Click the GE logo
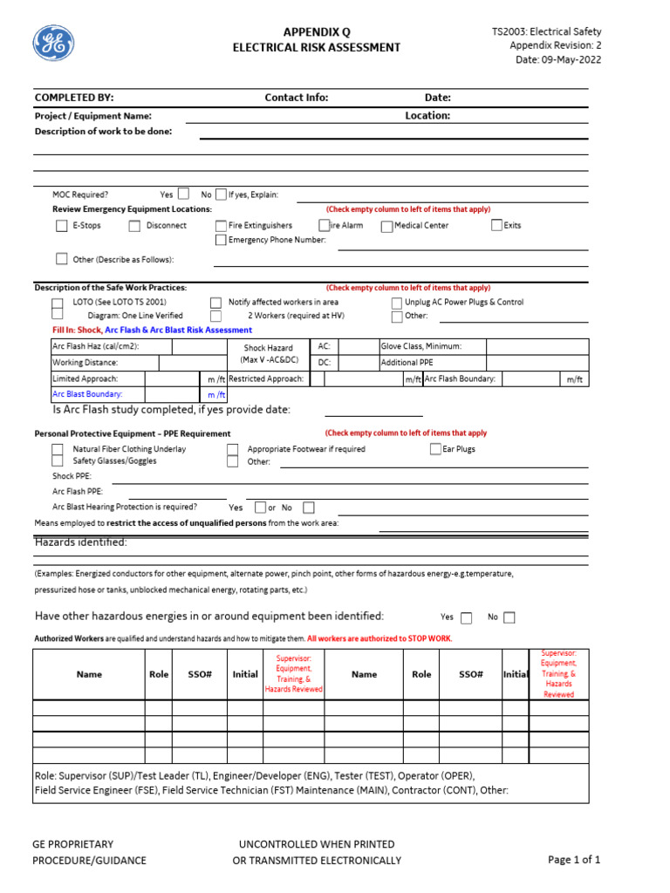click(53, 44)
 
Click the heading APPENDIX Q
click(316, 31)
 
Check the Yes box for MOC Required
click(183, 194)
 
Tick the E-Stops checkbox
click(61, 226)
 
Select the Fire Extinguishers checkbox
click(221, 226)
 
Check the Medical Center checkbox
click(386, 226)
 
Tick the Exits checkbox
click(497, 226)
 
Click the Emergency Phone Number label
click(277, 240)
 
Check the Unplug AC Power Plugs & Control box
click(397, 303)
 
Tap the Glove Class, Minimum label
click(421, 346)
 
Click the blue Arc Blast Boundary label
click(87, 394)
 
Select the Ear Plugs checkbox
click(435, 449)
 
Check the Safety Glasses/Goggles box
click(58, 461)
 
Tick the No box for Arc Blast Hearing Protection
click(309, 508)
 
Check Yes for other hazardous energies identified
click(466, 617)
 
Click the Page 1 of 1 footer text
click(574, 860)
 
